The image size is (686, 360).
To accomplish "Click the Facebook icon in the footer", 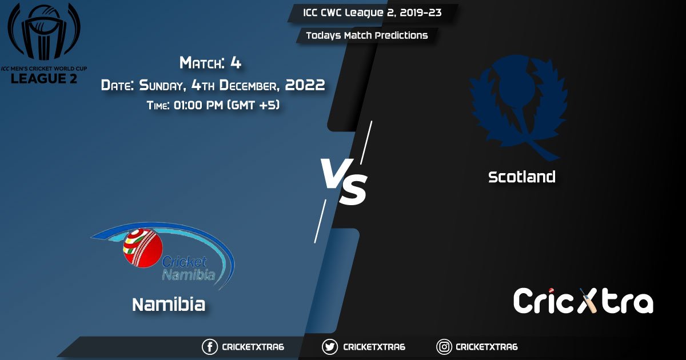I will pos(210,347).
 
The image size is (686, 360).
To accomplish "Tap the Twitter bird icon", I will pos(330,347).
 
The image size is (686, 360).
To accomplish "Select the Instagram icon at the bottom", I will pos(444,347).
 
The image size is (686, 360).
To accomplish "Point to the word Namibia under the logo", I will pos(169,305).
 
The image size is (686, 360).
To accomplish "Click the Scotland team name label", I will pos(521,177).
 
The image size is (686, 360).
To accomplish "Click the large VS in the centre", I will pos(342,182).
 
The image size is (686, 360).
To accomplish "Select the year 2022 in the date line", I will pos(305,85).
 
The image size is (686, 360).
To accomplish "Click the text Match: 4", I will pos(210,62).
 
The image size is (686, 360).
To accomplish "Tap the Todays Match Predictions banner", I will pos(366,35).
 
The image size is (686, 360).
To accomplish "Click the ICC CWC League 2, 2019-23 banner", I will pos(372,13).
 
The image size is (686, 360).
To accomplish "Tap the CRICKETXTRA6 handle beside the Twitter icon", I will pos(374,347).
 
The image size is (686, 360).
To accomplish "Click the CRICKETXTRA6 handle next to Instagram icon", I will pos(486,347).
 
